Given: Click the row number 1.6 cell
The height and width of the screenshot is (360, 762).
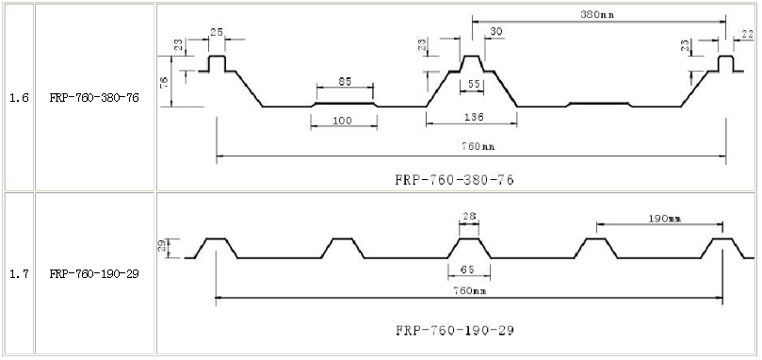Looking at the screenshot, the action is (19, 98).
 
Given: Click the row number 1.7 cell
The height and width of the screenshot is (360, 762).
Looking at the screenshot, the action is (19, 274).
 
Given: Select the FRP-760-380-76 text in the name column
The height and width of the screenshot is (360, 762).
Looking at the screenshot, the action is (94, 98).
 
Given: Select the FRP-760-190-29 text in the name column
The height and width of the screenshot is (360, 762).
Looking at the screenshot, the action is (94, 274).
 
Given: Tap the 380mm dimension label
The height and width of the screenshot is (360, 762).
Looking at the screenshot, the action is (597, 14).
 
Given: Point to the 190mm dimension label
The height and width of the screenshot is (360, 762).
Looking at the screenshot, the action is (664, 219).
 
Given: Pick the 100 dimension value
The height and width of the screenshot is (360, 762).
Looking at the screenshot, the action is (342, 121).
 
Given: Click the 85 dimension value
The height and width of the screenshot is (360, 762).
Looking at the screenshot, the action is (345, 81).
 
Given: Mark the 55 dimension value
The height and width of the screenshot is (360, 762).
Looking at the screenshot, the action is (475, 85).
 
